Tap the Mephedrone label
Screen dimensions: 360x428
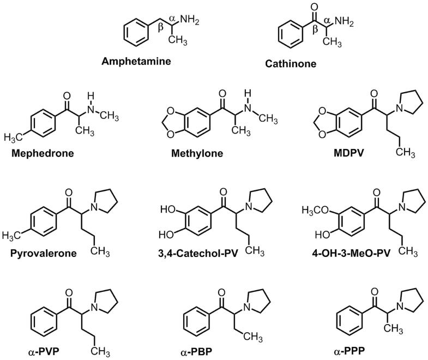click(42, 153)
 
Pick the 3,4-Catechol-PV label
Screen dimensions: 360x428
click(200, 254)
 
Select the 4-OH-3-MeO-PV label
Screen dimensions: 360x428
click(344, 254)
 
